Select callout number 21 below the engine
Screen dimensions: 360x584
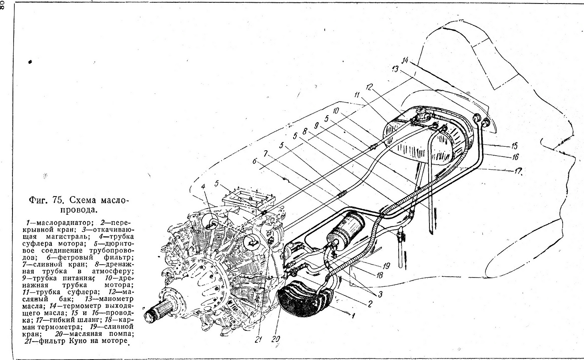point(258,339)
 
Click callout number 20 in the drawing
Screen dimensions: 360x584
point(275,339)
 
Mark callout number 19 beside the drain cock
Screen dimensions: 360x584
point(386,266)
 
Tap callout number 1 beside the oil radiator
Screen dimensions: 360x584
point(353,316)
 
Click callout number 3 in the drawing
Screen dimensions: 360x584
point(380,295)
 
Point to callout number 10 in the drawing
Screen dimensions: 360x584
point(336,111)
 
